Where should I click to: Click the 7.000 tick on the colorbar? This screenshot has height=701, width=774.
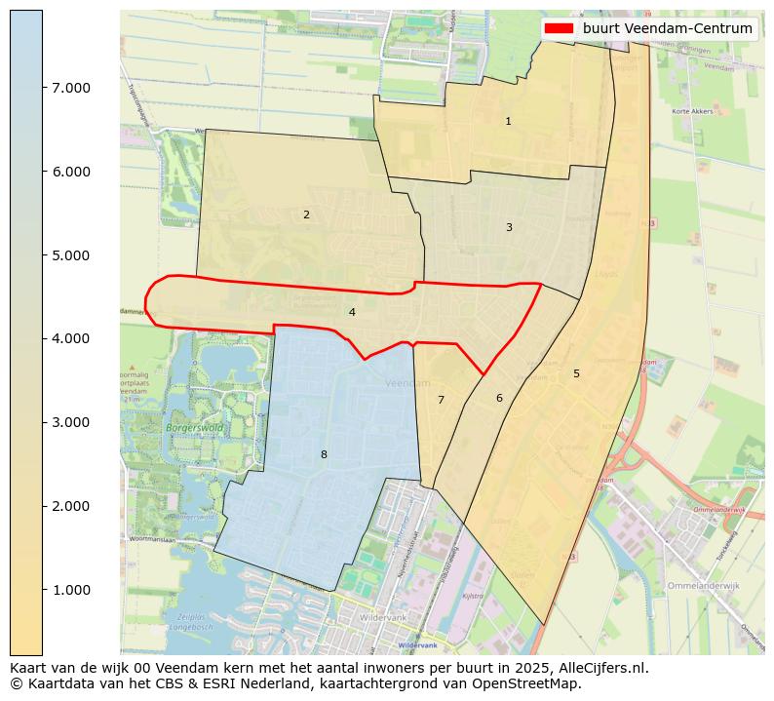tap(70, 88)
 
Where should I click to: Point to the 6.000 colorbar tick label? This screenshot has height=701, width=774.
tap(70, 172)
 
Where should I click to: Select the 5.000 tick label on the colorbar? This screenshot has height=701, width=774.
tap(70, 255)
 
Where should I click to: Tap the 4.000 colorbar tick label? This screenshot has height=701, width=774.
tap(70, 338)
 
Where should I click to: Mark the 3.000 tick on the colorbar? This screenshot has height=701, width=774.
tap(70, 422)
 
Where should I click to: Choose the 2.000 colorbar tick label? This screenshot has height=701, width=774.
tap(70, 506)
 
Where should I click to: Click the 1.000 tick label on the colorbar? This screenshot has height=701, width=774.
tap(70, 590)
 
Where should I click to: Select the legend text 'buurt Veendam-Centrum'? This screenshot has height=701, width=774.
tap(668, 29)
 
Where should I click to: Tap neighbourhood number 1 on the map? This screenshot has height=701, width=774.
tap(508, 122)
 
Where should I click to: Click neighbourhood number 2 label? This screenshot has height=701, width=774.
tap(306, 214)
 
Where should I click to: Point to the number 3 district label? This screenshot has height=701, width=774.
tap(509, 227)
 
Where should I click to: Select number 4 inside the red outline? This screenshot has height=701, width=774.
tap(352, 312)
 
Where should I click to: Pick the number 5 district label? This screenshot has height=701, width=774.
tap(576, 373)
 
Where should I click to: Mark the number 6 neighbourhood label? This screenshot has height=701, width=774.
tap(499, 398)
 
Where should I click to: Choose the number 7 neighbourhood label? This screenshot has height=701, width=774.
tap(441, 400)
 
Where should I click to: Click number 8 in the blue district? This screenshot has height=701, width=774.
tap(324, 454)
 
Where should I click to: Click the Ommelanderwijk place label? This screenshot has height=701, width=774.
tap(707, 586)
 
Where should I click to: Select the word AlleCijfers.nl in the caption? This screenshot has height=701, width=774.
tap(599, 668)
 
